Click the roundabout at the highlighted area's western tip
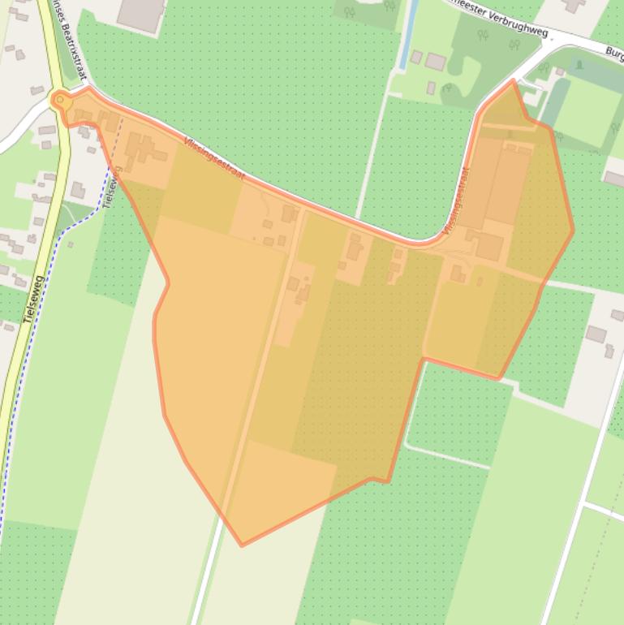(59, 101)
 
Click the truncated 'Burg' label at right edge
(613, 53)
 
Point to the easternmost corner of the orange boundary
(573, 231)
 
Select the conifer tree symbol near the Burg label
(579, 64)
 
